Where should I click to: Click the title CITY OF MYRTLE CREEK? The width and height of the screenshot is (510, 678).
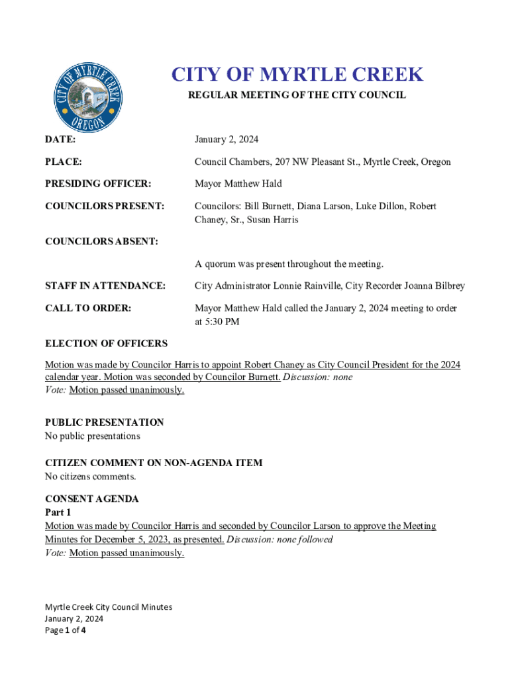(x=297, y=75)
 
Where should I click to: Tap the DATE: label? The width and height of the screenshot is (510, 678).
(x=60, y=140)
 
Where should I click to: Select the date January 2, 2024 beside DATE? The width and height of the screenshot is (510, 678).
(x=227, y=140)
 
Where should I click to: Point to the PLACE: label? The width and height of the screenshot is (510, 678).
(x=64, y=162)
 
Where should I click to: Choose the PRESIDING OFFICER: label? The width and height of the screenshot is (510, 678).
(x=98, y=183)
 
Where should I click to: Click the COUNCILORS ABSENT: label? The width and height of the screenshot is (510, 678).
(x=101, y=242)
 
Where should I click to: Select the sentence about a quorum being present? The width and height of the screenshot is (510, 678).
(x=289, y=264)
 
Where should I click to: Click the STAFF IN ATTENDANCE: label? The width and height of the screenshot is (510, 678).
(x=105, y=286)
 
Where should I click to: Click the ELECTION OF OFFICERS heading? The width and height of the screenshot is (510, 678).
(x=106, y=344)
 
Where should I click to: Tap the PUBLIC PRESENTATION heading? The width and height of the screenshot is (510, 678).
(x=104, y=422)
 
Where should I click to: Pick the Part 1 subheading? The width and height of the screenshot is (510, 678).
(x=58, y=512)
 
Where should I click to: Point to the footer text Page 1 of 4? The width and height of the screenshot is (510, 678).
(x=65, y=630)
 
